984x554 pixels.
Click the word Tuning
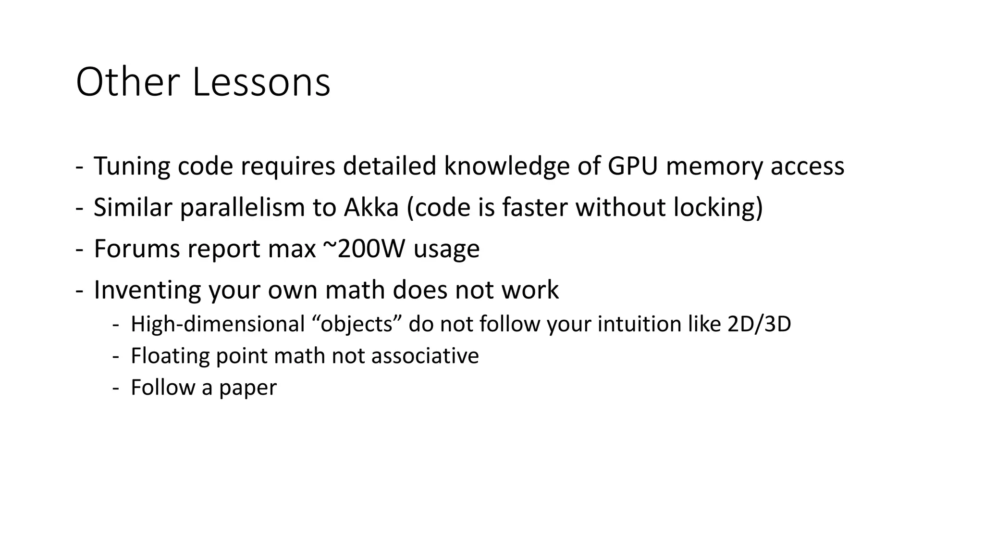(131, 166)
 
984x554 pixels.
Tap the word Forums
(136, 249)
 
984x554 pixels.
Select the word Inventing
(147, 290)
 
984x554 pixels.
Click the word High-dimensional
(218, 324)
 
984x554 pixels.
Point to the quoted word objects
(357, 324)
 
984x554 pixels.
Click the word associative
(425, 356)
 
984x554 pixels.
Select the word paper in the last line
(248, 388)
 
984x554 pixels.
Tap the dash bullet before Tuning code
(79, 167)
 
